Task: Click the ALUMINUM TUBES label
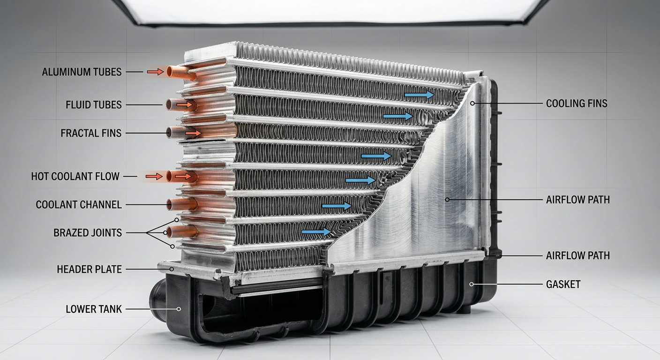click(x=82, y=72)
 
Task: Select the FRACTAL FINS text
click(x=91, y=133)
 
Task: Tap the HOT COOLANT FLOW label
click(x=75, y=176)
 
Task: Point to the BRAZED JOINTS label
click(x=88, y=232)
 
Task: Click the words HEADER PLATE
click(x=89, y=269)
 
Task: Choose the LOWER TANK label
click(x=94, y=309)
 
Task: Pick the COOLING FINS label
click(x=577, y=104)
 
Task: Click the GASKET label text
click(x=563, y=284)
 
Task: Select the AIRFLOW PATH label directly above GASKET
click(x=578, y=255)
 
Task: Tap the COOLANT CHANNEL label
click(x=79, y=205)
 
